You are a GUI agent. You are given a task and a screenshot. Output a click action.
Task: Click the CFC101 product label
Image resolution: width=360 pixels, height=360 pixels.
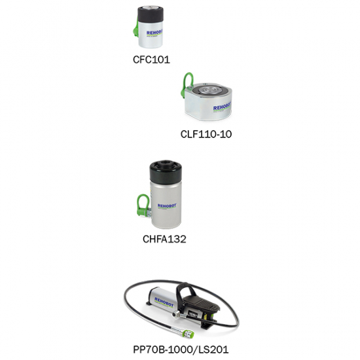point(151,60)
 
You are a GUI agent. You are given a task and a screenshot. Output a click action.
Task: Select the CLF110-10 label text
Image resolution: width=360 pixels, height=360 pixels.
point(206,134)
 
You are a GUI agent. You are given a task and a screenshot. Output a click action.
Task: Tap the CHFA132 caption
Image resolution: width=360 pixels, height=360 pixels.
point(164,239)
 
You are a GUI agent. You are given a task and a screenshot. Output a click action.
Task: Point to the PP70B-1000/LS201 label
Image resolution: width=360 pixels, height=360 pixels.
point(181,350)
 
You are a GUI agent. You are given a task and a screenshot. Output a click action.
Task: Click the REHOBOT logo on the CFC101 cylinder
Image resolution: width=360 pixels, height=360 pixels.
point(154,33)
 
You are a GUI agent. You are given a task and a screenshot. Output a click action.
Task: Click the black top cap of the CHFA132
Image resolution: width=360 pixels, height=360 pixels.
point(166,171)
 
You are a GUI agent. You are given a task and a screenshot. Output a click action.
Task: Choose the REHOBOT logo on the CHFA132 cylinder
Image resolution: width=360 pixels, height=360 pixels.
point(167,206)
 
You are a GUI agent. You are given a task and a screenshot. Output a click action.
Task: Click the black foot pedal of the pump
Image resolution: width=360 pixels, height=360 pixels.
point(202,301)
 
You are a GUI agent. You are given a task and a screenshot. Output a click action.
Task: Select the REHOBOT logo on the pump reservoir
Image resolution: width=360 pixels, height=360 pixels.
point(164,302)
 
